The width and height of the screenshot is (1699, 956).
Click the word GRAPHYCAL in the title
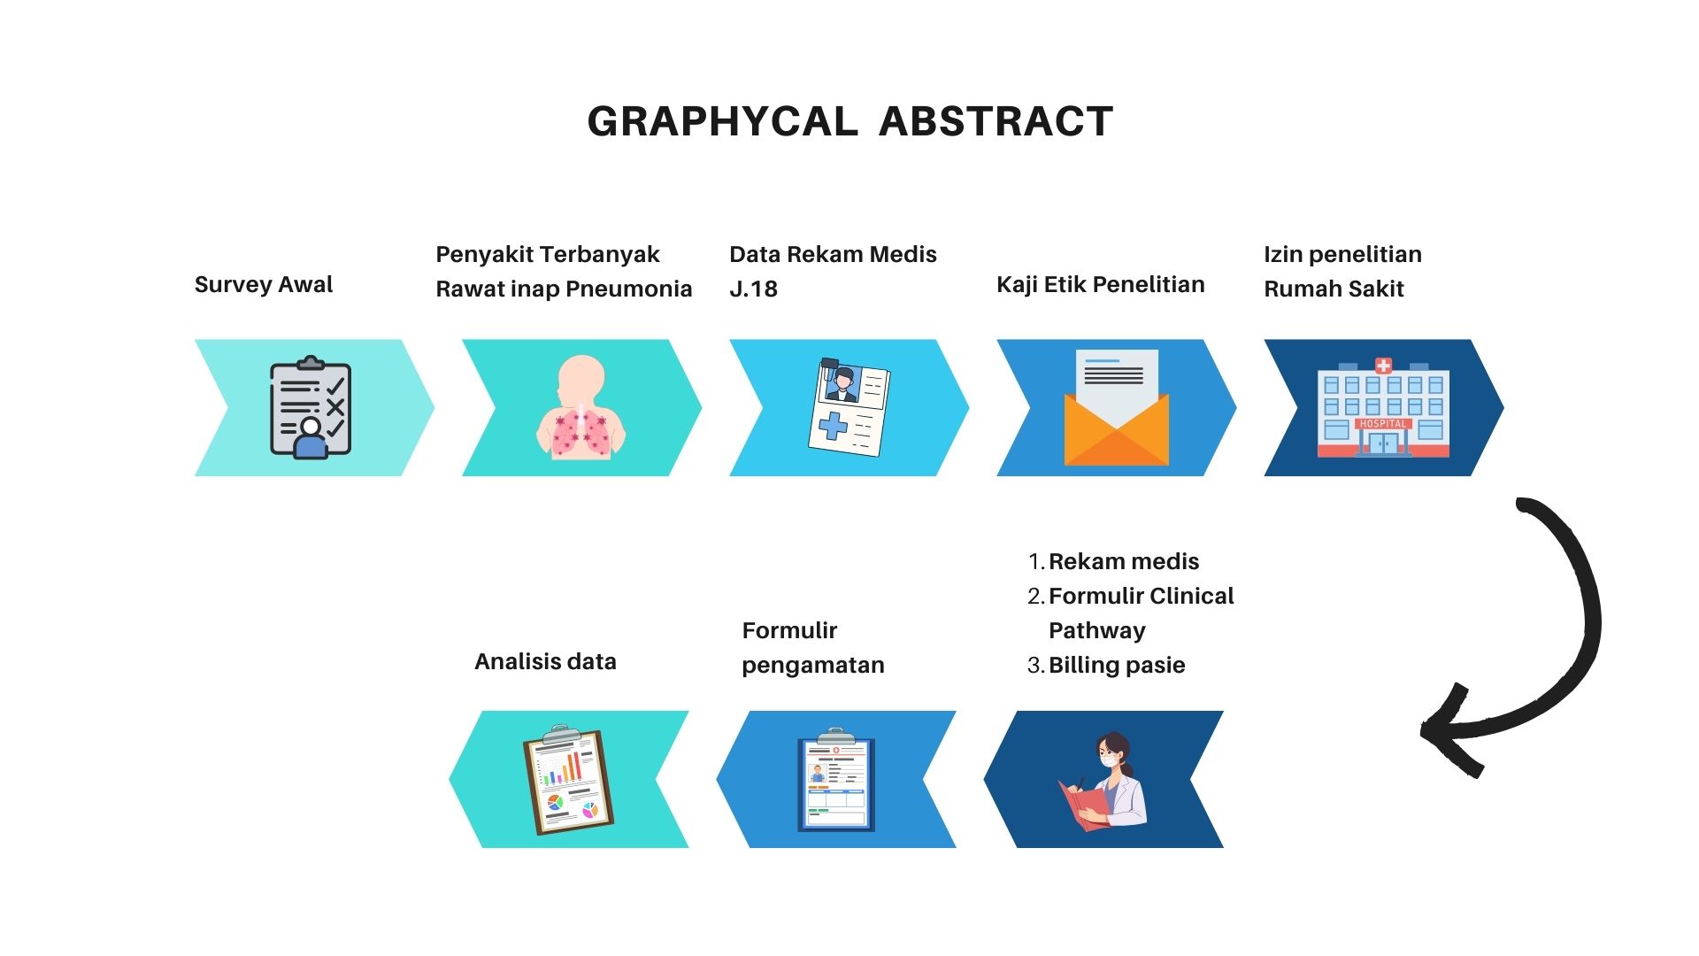click(x=722, y=122)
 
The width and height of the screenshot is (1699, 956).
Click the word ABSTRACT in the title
click(x=996, y=122)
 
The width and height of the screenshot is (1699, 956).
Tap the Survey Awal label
click(x=264, y=284)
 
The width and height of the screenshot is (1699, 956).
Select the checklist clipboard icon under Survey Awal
click(x=311, y=407)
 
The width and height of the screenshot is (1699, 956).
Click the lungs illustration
click(x=581, y=407)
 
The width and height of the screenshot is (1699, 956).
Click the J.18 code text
click(x=753, y=289)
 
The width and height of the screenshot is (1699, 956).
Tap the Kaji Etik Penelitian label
click(x=1101, y=284)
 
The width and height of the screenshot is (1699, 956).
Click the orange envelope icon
click(x=1117, y=408)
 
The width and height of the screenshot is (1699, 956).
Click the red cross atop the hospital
click(x=1383, y=366)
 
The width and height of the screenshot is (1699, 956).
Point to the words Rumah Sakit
click(x=1334, y=289)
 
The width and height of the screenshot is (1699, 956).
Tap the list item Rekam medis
click(x=1124, y=561)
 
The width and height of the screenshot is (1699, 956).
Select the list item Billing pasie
click(x=1117, y=665)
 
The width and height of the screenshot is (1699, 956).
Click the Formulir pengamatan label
click(x=813, y=647)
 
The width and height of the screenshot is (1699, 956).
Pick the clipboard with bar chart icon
click(x=568, y=780)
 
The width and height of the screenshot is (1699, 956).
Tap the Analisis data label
click(x=545, y=661)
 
